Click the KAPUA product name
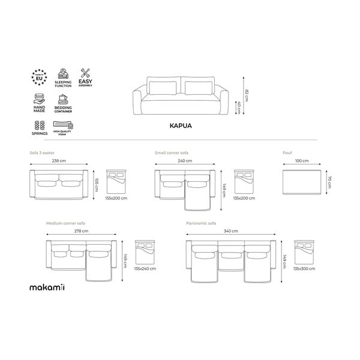179,127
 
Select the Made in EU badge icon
38,76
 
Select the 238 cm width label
58,161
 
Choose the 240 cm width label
184,161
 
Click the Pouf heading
287,153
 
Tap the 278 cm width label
80,230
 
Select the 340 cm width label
231,230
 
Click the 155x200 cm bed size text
116,197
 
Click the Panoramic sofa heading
202,223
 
